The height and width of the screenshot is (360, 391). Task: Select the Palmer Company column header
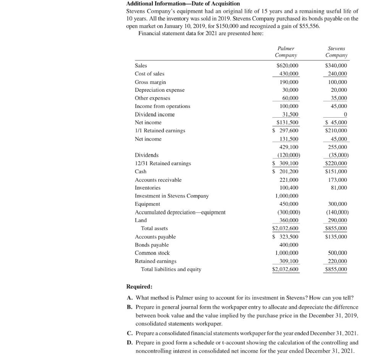[x=286, y=52]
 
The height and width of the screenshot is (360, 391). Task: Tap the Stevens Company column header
[x=336, y=52]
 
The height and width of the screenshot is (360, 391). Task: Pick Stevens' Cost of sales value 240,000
[x=338, y=74]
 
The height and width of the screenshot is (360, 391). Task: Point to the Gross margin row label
[x=150, y=82]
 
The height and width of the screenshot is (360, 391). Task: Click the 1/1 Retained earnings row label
[x=160, y=131]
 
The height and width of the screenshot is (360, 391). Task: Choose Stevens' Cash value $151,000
[x=336, y=172]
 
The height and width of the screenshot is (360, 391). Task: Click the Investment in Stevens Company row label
[x=172, y=196]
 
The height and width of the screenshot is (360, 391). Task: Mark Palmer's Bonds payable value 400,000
[x=289, y=245]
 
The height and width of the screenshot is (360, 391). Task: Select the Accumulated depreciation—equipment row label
[x=180, y=212]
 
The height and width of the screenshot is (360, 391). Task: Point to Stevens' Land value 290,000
[x=338, y=221]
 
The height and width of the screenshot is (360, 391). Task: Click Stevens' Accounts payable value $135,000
[x=336, y=237]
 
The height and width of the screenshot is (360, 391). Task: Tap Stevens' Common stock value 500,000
[x=338, y=253]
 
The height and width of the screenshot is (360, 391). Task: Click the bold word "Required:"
[x=139, y=287]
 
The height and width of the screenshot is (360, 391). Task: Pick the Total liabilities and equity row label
[x=171, y=269]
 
